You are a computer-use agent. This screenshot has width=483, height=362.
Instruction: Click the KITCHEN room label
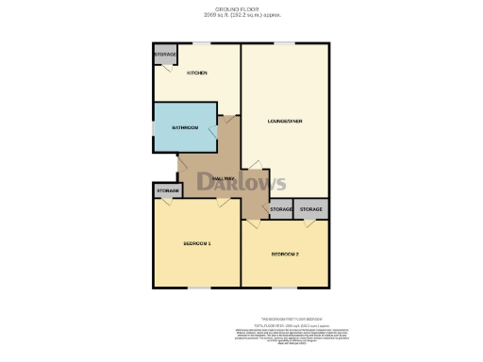click(196, 74)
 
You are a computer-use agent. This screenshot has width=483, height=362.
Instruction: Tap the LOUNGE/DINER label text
click(284, 121)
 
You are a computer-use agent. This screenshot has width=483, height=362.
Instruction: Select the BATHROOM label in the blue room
click(184, 127)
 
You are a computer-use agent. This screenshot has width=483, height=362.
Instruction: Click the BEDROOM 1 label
click(196, 244)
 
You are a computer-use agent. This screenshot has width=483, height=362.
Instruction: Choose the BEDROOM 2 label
click(285, 255)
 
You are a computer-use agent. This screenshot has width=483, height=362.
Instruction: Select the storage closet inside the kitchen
click(165, 57)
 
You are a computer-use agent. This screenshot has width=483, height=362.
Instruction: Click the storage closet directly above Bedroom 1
click(167, 190)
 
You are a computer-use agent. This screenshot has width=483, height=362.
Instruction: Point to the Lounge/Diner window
click(284, 43)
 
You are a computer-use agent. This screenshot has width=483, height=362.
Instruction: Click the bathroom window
click(155, 127)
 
